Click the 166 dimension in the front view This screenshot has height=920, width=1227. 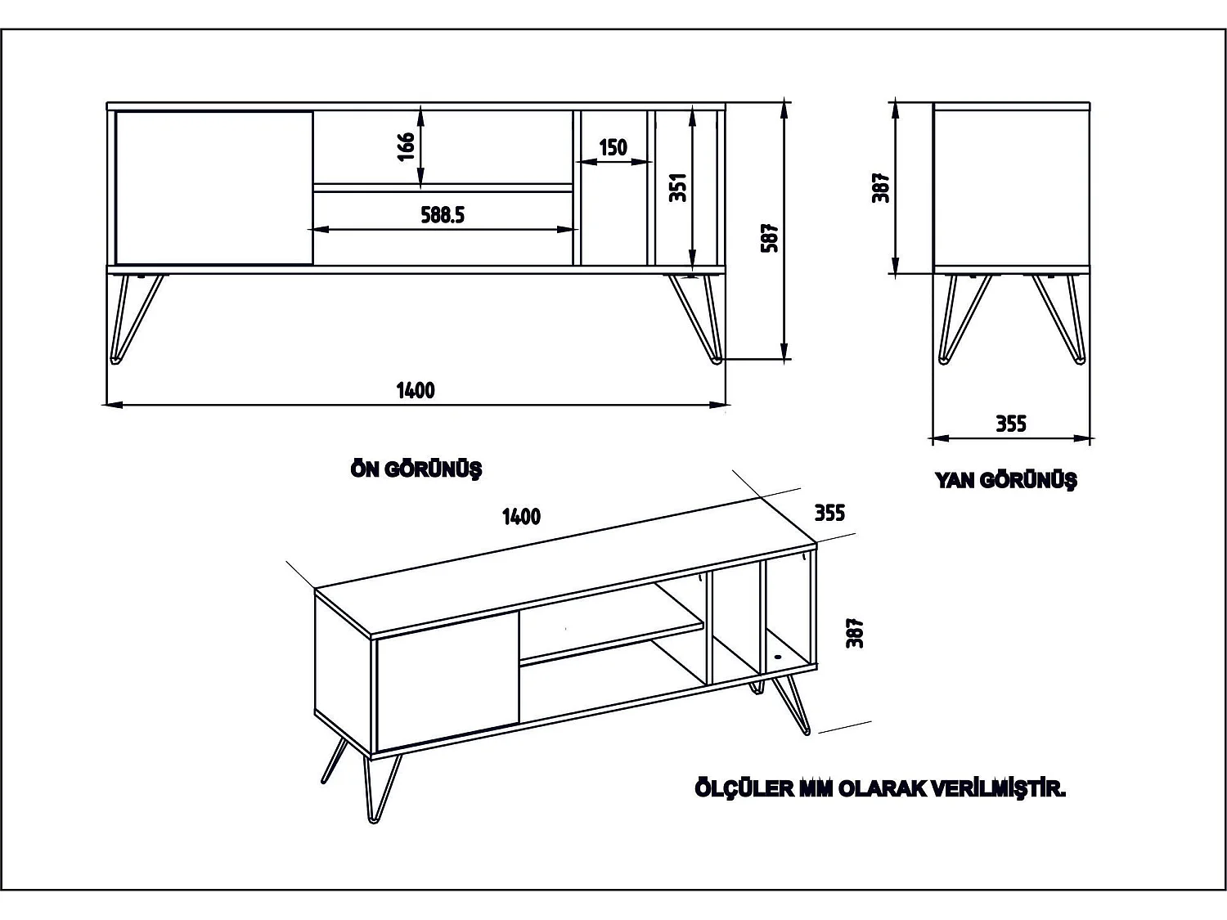pos(407,147)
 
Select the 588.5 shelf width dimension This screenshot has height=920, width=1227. pos(443,215)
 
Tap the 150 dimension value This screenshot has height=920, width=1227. pos(613,148)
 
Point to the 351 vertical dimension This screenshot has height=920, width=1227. pos(678,187)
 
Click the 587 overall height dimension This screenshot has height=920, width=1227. pos(770,237)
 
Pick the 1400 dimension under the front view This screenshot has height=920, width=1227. pos(416,390)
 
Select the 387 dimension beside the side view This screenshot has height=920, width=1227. pos(881,187)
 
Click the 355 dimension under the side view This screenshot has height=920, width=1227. pos(1011,424)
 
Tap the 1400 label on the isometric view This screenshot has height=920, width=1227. pos(521,516)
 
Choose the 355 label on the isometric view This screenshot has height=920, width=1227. pos(829,513)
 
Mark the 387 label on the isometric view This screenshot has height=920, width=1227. pos(856,633)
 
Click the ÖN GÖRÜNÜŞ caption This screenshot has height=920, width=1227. pos(416,469)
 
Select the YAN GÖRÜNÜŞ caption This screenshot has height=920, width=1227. pos(1005,480)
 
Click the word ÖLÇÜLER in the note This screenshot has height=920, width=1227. pos(744,789)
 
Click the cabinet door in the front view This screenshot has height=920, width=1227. pos(214,188)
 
